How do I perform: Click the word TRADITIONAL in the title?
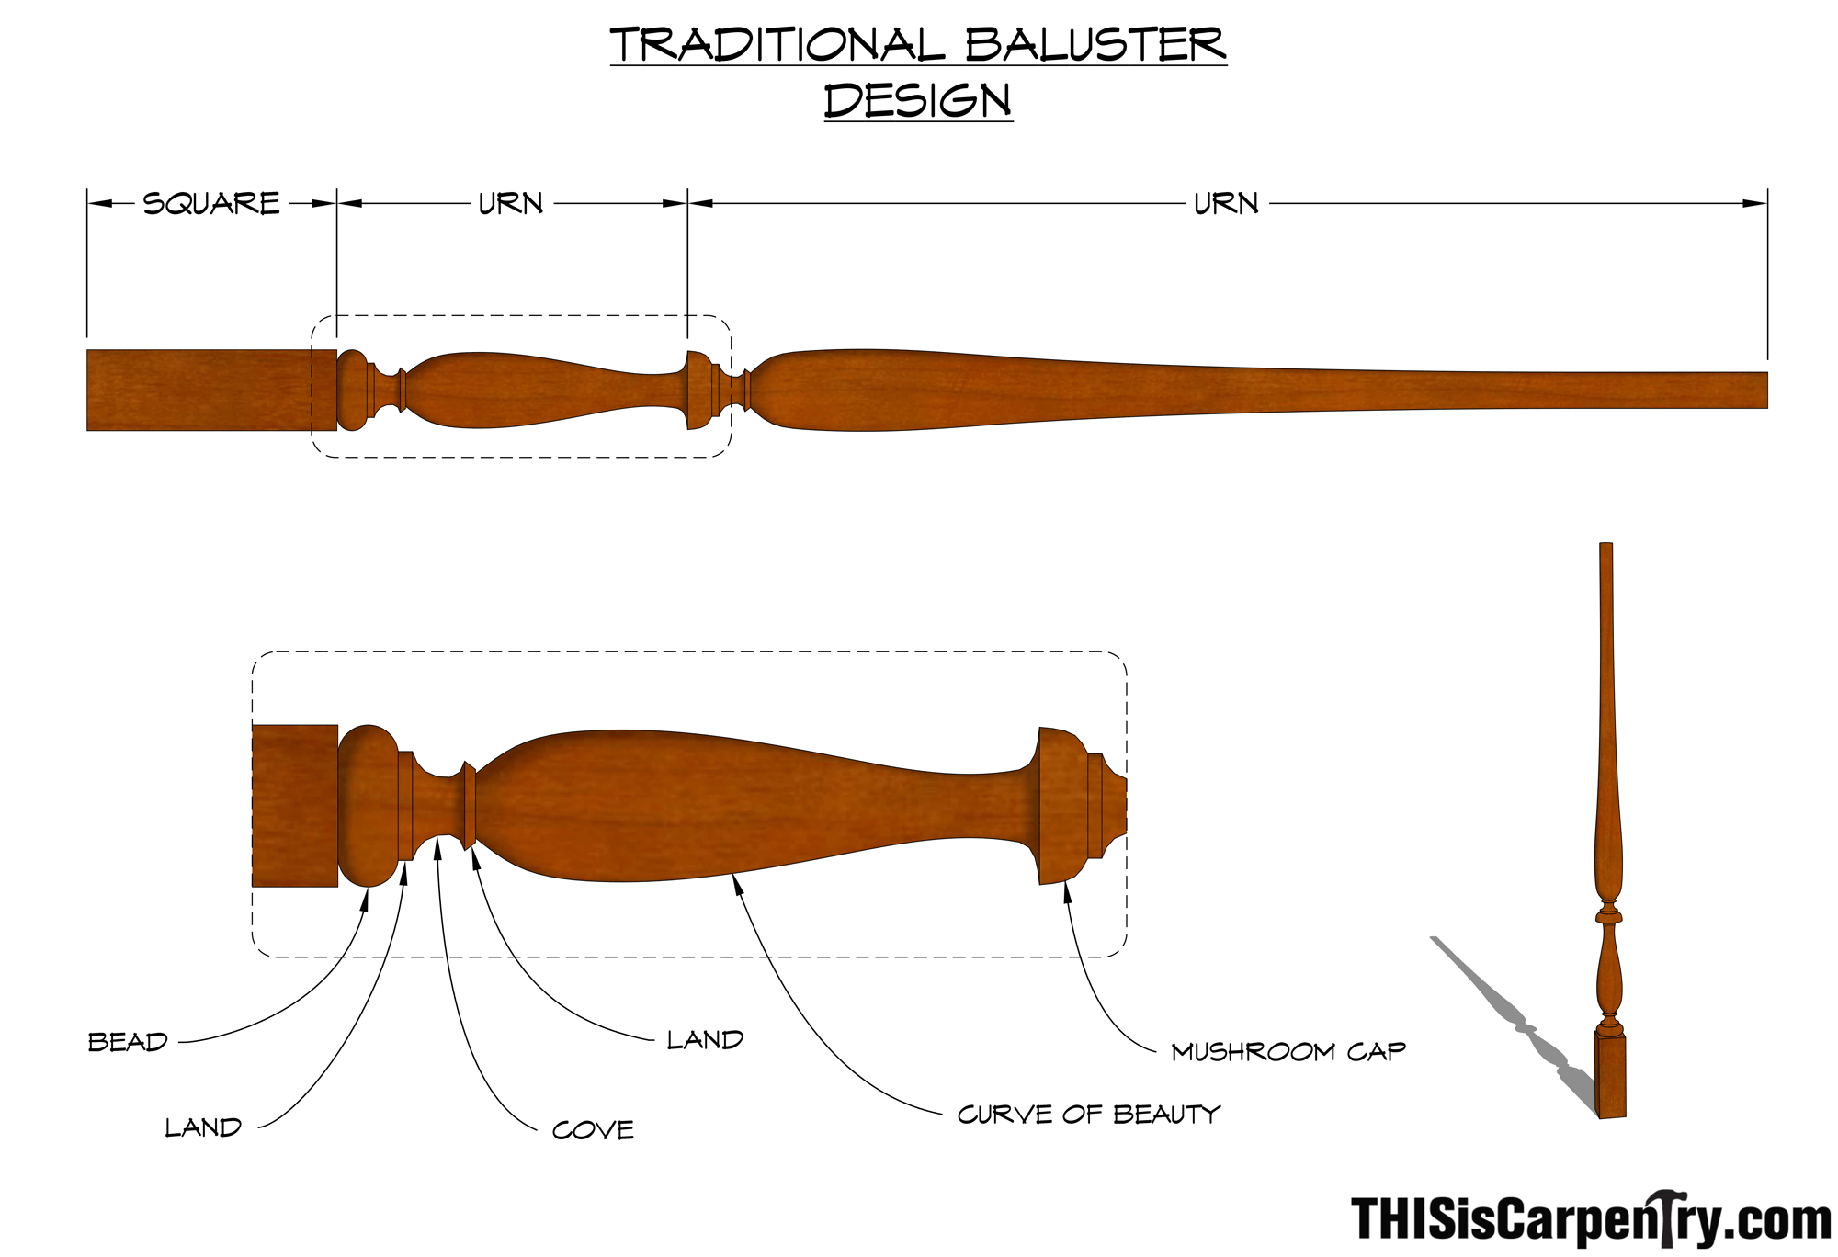tap(777, 45)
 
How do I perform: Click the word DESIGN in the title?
tap(917, 100)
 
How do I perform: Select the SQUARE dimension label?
tap(211, 203)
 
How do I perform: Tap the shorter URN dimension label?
tap(511, 203)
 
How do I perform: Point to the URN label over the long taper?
tap(1226, 203)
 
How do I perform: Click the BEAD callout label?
tap(128, 1042)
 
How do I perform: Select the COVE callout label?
tap(593, 1130)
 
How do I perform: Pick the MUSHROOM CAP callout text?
tap(1288, 1051)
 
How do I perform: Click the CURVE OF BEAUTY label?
tap(1089, 1115)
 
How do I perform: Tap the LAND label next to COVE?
tap(705, 1040)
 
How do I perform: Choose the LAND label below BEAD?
tap(203, 1127)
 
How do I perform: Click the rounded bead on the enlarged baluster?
tap(368, 806)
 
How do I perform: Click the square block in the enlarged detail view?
tap(294, 806)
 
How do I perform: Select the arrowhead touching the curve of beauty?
tap(737, 883)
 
